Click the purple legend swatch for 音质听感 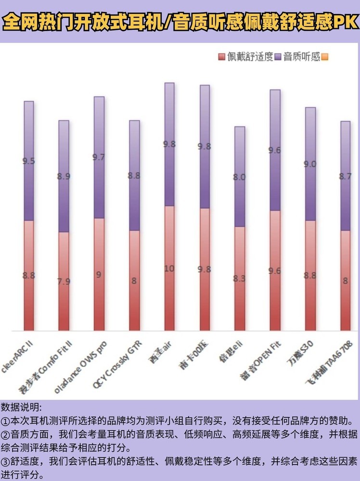click(278, 57)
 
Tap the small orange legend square click(324, 57)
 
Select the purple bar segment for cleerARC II click(29, 161)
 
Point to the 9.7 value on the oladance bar click(99, 157)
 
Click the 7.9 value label click(64, 281)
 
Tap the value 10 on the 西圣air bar click(169, 268)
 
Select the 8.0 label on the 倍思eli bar click(240, 177)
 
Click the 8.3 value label click(240, 278)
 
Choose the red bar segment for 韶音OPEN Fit click(274, 271)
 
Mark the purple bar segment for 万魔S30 click(310, 164)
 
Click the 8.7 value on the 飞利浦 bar click(346, 177)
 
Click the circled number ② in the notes click(5, 434)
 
